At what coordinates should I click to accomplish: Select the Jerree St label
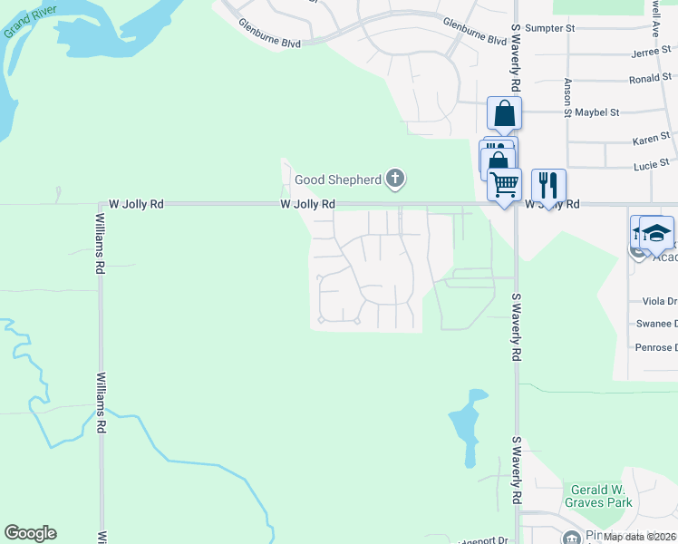650,53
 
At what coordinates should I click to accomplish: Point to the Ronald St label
649,79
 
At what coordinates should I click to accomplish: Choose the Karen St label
651,139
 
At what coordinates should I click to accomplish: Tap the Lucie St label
652,165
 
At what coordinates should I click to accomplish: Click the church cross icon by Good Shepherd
394,179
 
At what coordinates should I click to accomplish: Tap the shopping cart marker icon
504,183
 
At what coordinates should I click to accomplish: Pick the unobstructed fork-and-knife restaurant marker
547,185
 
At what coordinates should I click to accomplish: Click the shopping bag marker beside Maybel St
505,114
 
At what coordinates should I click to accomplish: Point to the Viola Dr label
658,301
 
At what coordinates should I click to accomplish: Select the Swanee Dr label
655,324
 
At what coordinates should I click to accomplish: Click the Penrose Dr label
655,347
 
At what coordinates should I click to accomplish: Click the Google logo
30,533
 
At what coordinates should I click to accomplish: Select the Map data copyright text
640,537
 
